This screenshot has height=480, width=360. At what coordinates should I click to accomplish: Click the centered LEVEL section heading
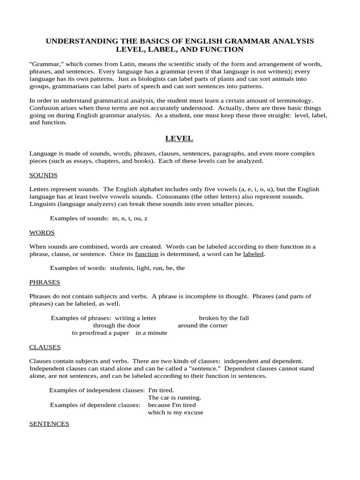coord(179,138)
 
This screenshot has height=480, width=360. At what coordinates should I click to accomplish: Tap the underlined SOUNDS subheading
coord(43,175)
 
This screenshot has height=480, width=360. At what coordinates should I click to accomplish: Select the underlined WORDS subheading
coord(42,232)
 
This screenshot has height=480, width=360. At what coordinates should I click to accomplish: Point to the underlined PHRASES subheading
coord(45,282)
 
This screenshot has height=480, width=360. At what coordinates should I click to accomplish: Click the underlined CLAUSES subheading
coord(45,347)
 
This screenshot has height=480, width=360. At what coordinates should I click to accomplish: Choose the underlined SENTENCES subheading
coord(49,423)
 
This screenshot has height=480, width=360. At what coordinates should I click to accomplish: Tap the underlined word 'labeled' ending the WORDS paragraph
coord(254,254)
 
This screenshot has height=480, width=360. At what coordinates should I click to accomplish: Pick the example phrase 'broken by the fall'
coord(224,318)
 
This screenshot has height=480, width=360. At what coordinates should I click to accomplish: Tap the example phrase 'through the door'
coord(116,325)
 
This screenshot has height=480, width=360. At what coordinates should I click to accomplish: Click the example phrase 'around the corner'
coord(202,325)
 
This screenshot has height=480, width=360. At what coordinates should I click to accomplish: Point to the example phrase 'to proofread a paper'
coord(101,333)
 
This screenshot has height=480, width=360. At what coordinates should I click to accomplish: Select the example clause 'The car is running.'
coord(174,397)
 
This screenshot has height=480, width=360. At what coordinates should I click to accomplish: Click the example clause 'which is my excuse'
coord(175,412)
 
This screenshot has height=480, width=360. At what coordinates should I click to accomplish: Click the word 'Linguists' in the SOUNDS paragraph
coord(44,204)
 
